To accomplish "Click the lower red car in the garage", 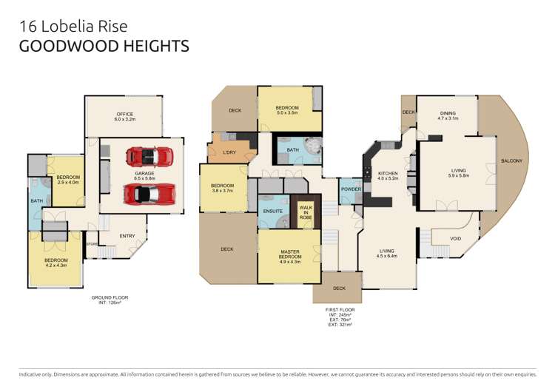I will (149, 195).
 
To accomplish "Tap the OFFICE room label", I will (124, 116).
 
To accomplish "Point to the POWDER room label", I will (351, 189).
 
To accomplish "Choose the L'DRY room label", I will (229, 152).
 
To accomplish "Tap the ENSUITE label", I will (274, 212).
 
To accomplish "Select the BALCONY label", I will (511, 160).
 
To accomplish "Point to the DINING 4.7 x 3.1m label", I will (448, 115).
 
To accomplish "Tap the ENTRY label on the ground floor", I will (127, 236).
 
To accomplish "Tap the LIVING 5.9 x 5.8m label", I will (459, 172).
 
